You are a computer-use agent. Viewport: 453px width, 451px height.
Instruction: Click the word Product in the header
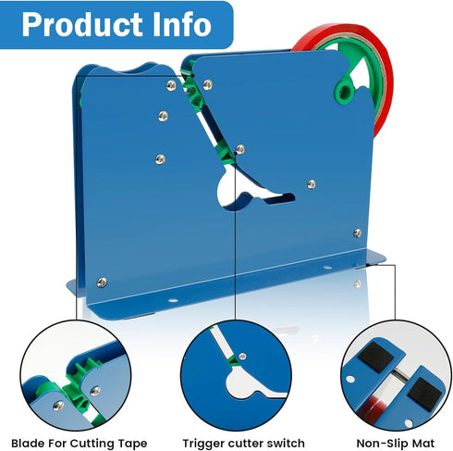click(x=82, y=24)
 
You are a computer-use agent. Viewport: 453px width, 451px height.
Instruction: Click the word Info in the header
click(x=182, y=24)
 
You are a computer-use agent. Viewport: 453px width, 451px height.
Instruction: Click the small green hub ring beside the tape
click(x=344, y=92)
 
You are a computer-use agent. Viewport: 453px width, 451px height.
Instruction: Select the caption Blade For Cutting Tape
click(x=80, y=444)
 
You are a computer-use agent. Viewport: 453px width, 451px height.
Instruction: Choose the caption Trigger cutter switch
click(x=244, y=444)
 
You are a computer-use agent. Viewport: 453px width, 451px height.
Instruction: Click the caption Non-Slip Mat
click(x=396, y=444)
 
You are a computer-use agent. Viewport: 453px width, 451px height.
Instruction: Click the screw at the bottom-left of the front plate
click(x=102, y=282)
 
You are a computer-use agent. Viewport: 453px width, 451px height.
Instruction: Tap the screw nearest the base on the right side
click(x=358, y=232)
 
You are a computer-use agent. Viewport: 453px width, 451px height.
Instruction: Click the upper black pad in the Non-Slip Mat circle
click(x=375, y=357)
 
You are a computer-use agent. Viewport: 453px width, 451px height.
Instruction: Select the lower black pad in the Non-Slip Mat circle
click(x=425, y=395)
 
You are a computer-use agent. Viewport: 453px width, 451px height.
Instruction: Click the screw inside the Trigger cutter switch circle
click(x=243, y=357)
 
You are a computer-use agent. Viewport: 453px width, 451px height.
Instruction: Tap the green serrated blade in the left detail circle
click(x=79, y=385)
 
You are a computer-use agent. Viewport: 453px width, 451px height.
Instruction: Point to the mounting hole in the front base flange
click(x=173, y=300)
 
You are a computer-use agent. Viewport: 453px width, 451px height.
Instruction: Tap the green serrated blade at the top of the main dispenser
click(x=191, y=91)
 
